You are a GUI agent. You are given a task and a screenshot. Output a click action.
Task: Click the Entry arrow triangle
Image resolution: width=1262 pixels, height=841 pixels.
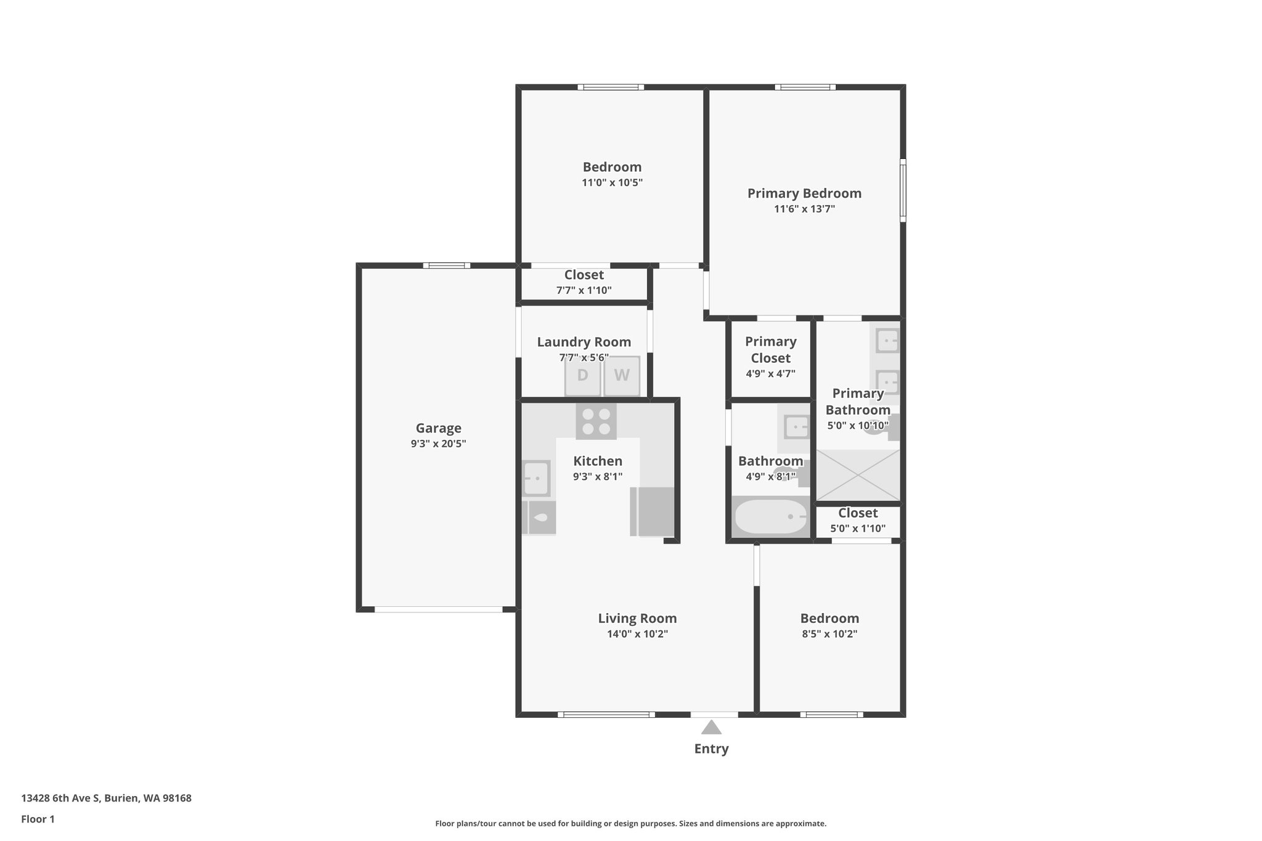(x=711, y=728)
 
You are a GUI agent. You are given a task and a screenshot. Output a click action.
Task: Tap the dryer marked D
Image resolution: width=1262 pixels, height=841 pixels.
(x=582, y=375)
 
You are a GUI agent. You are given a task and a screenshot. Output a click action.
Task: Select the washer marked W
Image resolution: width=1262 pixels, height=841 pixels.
(x=622, y=375)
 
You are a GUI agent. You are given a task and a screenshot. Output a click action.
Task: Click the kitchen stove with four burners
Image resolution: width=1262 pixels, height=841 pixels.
(x=596, y=421)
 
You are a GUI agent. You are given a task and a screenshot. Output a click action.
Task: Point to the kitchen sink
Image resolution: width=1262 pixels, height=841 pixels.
(x=536, y=478)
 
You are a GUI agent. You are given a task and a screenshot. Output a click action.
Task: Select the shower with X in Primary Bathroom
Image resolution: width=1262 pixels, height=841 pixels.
(x=858, y=475)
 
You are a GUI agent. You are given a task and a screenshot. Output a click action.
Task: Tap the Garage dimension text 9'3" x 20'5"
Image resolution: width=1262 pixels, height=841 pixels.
(x=438, y=444)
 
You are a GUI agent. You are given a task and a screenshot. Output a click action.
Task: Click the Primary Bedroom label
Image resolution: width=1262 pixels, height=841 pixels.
(x=804, y=193)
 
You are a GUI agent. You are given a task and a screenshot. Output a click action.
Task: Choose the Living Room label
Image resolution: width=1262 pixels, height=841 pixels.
(x=637, y=619)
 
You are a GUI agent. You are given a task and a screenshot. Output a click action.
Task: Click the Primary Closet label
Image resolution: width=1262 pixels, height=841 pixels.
(x=770, y=349)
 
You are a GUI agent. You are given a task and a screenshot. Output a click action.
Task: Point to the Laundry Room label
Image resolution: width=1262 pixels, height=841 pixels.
(x=584, y=342)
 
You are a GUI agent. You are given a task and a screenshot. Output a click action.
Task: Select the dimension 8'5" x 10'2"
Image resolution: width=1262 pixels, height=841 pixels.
(x=829, y=634)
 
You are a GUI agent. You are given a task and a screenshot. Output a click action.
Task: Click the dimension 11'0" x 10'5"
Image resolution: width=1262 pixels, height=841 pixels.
(x=612, y=182)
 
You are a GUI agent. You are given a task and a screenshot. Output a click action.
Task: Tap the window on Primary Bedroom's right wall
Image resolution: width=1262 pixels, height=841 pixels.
(x=903, y=190)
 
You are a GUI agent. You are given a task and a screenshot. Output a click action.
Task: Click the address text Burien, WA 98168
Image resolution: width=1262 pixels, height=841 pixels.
(x=148, y=798)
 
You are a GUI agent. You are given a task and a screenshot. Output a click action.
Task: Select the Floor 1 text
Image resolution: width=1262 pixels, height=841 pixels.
(x=38, y=819)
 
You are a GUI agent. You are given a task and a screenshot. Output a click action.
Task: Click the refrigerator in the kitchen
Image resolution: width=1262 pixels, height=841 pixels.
(x=654, y=511)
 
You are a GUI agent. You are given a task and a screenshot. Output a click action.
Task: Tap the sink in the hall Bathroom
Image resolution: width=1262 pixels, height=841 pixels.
(x=796, y=426)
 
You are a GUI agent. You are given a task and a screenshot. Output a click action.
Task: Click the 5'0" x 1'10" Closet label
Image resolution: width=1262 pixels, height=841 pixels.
(x=858, y=513)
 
